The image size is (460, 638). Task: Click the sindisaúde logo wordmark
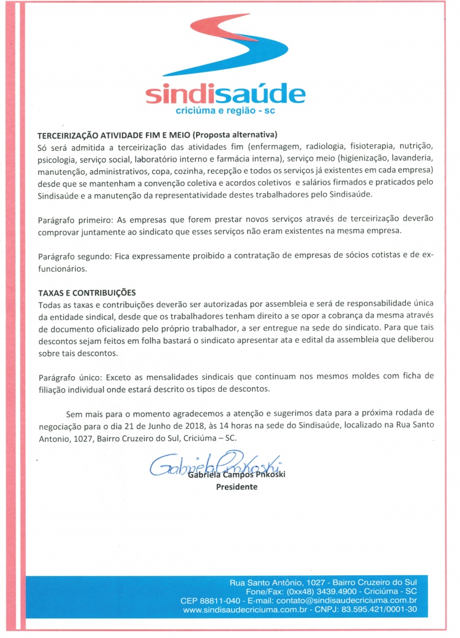point(225,94)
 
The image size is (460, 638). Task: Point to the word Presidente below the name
point(236,487)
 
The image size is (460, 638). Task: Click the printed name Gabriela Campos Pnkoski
point(236,476)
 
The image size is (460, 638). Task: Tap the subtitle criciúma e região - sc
point(225,110)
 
